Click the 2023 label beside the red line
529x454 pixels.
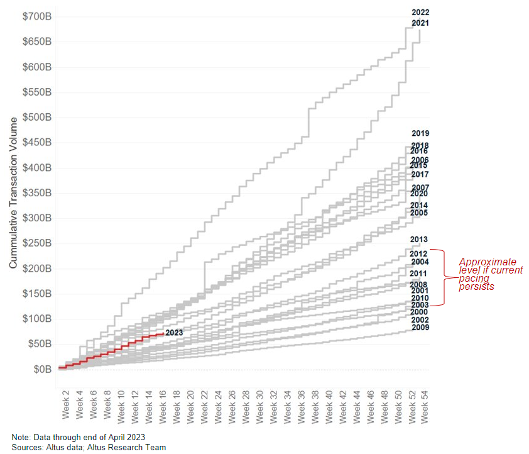[x=174, y=333]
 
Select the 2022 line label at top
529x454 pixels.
[x=420, y=12]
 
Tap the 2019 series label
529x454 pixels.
[x=420, y=133]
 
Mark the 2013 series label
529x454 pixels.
[x=419, y=240]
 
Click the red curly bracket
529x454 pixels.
[x=445, y=277]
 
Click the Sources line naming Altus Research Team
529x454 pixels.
[x=89, y=447]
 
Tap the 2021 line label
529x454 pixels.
[x=420, y=23]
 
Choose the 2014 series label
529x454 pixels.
[x=419, y=206]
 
